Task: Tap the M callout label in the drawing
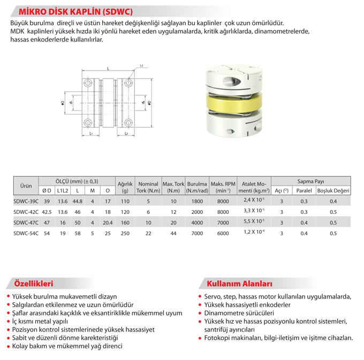click(141, 66)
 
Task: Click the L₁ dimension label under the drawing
click(92, 133)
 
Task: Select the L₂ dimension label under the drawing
click(125, 133)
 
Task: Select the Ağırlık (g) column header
click(125, 186)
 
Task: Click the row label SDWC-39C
click(25, 201)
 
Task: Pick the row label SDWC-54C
click(25, 233)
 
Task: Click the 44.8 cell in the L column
click(78, 201)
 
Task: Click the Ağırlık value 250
click(125, 233)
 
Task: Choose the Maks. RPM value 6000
click(223, 233)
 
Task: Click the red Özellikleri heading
click(36, 283)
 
